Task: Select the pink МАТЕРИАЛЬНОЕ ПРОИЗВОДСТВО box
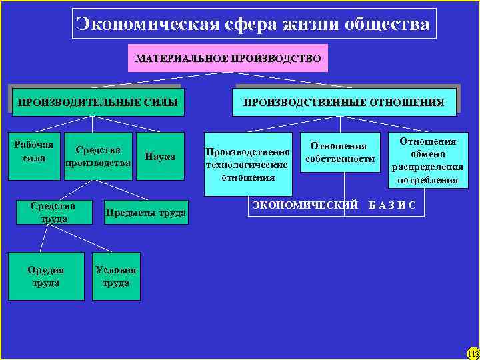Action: (x=228, y=59)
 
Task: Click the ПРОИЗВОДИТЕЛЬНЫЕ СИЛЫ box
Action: (x=97, y=102)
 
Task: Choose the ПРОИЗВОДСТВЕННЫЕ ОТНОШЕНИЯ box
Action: (x=343, y=102)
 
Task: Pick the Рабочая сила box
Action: (x=34, y=155)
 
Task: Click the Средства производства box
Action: (x=98, y=157)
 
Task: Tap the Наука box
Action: (x=160, y=157)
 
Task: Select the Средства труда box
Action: (x=52, y=212)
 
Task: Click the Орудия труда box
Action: (x=46, y=276)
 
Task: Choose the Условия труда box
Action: (x=116, y=276)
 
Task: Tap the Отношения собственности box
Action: (x=340, y=153)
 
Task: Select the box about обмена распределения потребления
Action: (x=427, y=161)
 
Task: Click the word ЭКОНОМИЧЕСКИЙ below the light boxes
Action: (x=305, y=205)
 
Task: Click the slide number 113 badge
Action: (x=473, y=353)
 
